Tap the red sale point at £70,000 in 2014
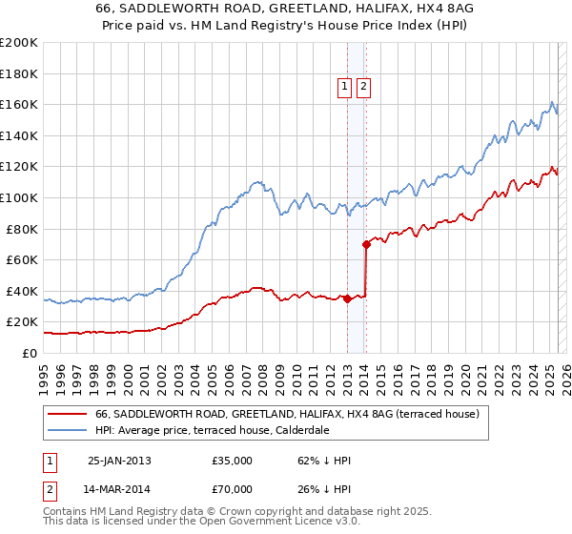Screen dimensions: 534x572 click(x=366, y=244)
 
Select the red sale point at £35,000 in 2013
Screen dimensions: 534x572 click(x=347, y=298)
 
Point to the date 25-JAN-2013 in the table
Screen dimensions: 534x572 click(x=119, y=461)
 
